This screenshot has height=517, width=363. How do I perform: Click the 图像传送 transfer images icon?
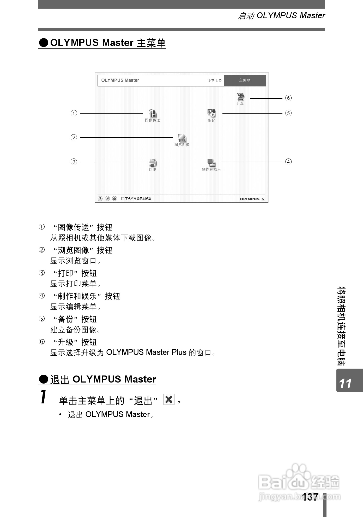153,113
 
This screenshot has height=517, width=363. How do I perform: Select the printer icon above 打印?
153,162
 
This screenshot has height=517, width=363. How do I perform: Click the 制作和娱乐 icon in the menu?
211,162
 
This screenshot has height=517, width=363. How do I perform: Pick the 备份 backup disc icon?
211,113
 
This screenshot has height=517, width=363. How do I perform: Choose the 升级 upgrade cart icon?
240,97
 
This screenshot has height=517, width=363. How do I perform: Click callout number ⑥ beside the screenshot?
288,98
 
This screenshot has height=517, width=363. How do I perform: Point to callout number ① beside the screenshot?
74,113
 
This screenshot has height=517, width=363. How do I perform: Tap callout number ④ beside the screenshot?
288,162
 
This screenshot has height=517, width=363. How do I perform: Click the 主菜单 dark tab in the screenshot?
245,80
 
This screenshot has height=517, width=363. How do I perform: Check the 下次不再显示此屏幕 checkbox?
123,199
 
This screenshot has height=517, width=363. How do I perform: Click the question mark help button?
100,199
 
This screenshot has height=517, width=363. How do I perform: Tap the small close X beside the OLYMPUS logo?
263,199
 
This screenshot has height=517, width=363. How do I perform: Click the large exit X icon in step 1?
169,399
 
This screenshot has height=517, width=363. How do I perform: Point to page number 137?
310,497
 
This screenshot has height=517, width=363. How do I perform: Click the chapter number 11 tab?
346,383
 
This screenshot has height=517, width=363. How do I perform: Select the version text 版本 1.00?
215,80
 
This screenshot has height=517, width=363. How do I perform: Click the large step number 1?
44,397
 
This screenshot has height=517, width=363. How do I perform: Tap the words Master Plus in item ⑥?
166,352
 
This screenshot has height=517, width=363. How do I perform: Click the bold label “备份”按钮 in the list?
75,319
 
